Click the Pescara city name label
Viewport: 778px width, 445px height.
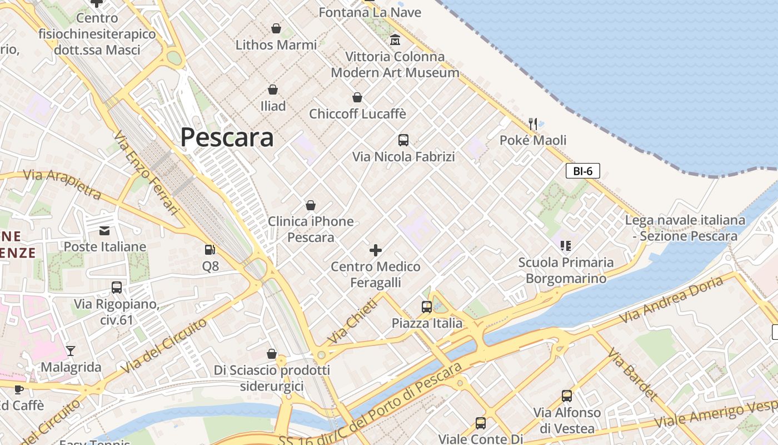click(x=227, y=137)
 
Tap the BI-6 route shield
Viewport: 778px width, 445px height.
click(x=582, y=171)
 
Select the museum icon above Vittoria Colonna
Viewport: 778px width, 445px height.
click(x=395, y=39)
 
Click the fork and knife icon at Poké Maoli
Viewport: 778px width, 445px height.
click(x=533, y=123)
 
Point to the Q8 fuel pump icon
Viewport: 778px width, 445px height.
click(x=210, y=250)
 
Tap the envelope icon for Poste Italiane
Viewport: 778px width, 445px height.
click(x=104, y=231)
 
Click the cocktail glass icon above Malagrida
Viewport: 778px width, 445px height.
click(x=71, y=351)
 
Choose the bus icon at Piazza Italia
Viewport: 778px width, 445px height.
click(x=427, y=307)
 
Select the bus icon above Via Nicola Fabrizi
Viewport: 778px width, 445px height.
click(x=403, y=140)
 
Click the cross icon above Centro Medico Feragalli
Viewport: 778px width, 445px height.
click(x=376, y=250)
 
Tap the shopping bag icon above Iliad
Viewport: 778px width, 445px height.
click(x=273, y=90)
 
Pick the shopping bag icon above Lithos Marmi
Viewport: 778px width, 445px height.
click(x=276, y=28)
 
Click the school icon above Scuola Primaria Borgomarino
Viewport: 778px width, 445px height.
click(x=566, y=245)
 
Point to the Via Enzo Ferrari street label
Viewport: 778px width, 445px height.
click(x=147, y=172)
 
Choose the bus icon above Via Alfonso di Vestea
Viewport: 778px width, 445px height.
click(x=567, y=396)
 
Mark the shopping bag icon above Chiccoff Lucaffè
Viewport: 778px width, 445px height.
click(x=357, y=97)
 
